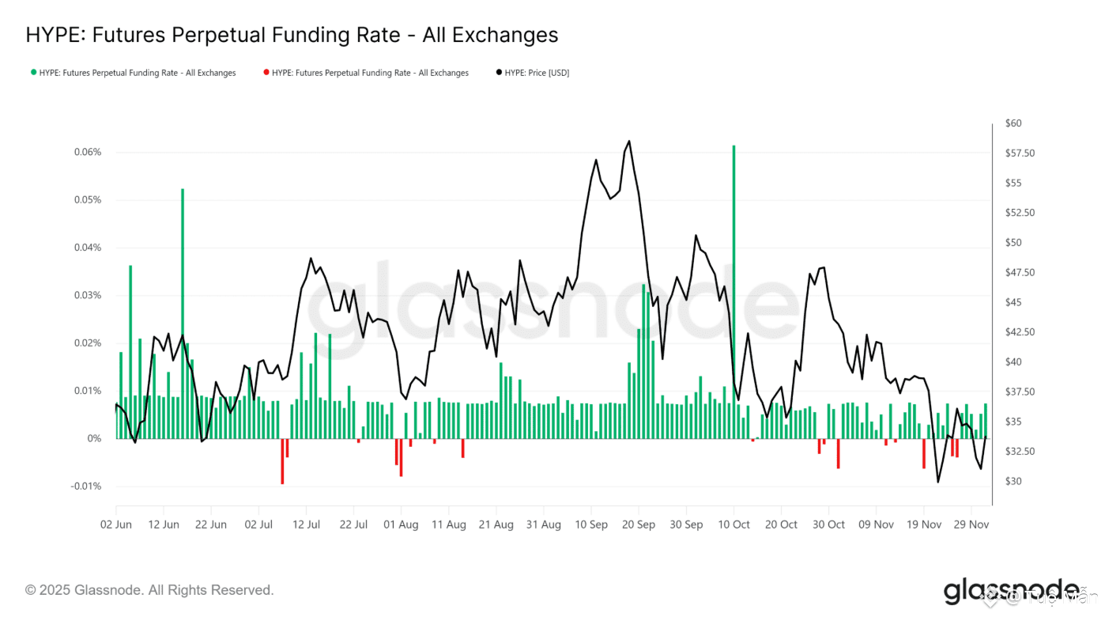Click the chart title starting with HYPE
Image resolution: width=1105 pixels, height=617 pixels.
pyautogui.click(x=292, y=35)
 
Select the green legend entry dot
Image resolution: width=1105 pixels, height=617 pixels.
pyautogui.click(x=33, y=73)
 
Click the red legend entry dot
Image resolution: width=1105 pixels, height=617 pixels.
pyautogui.click(x=266, y=73)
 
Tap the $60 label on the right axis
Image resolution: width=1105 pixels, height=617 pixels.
pyautogui.click(x=1013, y=123)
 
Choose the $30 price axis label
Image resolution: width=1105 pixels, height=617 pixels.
pyautogui.click(x=1013, y=482)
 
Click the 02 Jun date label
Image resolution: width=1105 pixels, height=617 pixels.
pyautogui.click(x=116, y=524)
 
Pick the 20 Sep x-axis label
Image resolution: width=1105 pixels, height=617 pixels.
pyautogui.click(x=639, y=524)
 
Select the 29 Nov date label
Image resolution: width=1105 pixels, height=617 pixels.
pyautogui.click(x=971, y=524)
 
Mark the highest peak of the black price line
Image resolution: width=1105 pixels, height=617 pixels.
pyautogui.click(x=629, y=142)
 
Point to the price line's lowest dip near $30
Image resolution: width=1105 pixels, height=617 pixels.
pyautogui.click(x=938, y=482)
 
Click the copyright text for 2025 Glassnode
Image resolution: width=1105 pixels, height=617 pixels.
pyautogui.click(x=149, y=590)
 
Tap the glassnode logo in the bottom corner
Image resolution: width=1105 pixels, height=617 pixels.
pyautogui.click(x=1011, y=591)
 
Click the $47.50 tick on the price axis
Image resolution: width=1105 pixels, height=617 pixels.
pyautogui.click(x=1020, y=273)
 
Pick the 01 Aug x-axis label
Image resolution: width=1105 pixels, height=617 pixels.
pyautogui.click(x=402, y=524)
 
